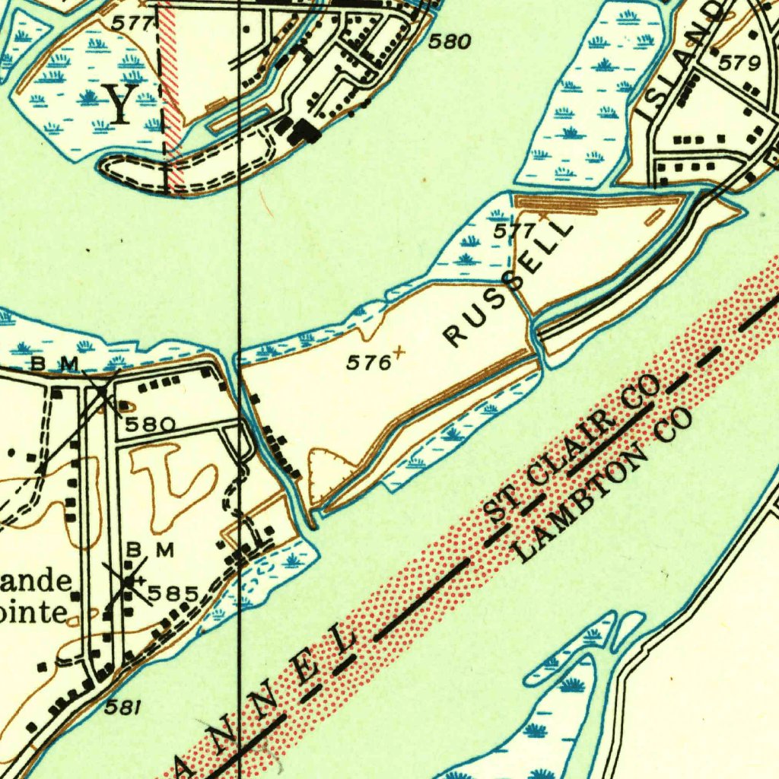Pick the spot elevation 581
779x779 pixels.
[122, 707]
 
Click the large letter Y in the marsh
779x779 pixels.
[121, 105]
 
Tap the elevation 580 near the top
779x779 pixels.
[449, 42]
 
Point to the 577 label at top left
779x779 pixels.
[132, 24]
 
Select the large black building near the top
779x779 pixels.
[307, 131]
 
